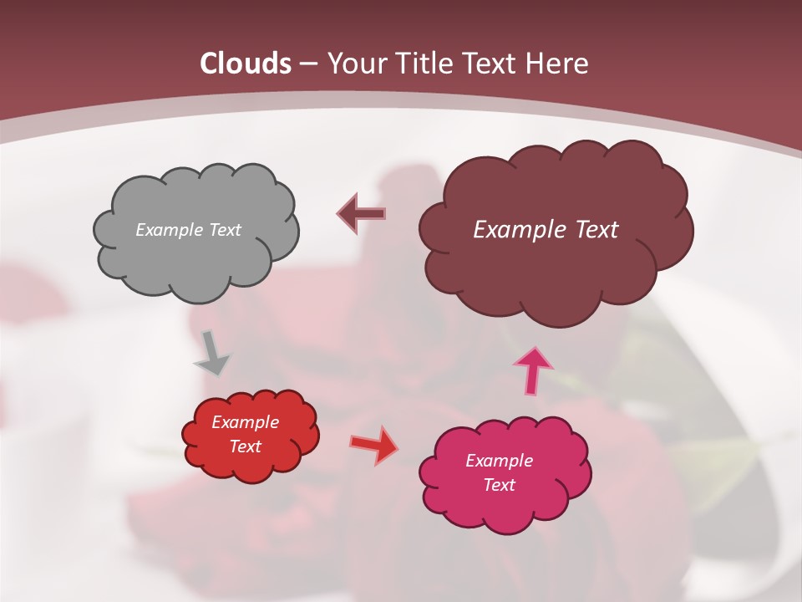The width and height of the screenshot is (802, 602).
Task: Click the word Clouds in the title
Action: [246, 64]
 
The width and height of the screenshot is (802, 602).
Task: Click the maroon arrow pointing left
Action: [362, 214]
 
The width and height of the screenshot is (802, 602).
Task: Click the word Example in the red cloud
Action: [246, 422]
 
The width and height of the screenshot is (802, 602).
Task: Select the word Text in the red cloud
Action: [246, 446]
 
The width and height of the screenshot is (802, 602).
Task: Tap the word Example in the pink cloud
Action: [499, 461]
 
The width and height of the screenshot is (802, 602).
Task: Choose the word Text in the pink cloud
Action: [499, 485]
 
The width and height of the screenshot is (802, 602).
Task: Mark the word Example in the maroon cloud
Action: [518, 230]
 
